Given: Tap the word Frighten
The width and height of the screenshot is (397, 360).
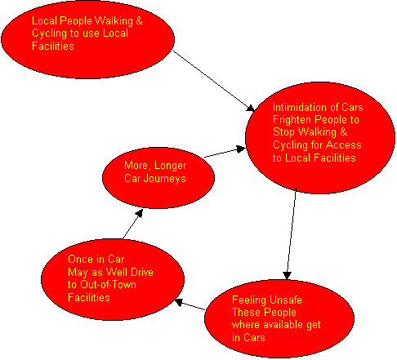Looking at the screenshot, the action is pyautogui.click(x=292, y=120).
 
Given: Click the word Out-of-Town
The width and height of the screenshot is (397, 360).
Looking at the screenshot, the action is pyautogui.click(x=108, y=285).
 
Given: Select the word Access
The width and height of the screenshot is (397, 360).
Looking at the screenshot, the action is pyautogui.click(x=344, y=144).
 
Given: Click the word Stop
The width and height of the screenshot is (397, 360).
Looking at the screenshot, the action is pyautogui.click(x=284, y=132).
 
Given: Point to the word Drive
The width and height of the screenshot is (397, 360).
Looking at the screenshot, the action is pyautogui.click(x=141, y=272).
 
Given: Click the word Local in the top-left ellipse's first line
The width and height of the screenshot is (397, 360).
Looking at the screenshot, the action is pyautogui.click(x=44, y=21).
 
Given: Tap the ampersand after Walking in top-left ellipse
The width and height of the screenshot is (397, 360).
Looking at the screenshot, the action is pyautogui.click(x=139, y=21).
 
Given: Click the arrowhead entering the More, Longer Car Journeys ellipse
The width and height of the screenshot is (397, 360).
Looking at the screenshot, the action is pyautogui.click(x=140, y=213).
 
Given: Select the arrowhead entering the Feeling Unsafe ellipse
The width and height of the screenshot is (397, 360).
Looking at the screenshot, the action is pyautogui.click(x=287, y=275).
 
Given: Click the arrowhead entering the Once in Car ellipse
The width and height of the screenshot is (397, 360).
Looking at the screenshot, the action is pyautogui.click(x=179, y=302).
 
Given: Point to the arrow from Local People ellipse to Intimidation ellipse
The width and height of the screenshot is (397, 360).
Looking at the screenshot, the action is pyautogui.click(x=214, y=81).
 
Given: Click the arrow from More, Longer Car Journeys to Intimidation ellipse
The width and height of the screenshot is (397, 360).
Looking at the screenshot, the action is pyautogui.click(x=225, y=153).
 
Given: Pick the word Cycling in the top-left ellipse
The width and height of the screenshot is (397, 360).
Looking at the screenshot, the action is pyautogui.click(x=50, y=33).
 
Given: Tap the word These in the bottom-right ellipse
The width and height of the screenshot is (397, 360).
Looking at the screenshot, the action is pyautogui.click(x=247, y=313).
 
